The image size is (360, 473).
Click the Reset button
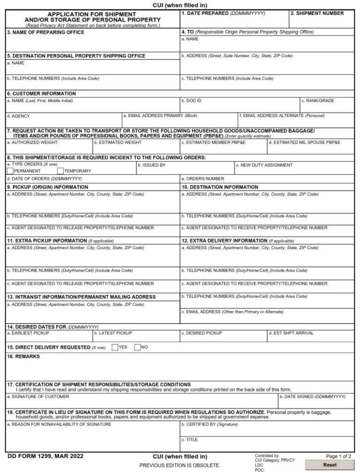click(x=330, y=465)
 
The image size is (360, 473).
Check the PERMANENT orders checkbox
click(x=10, y=171)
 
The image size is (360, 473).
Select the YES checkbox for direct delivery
click(x=114, y=347)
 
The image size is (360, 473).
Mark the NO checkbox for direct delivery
click(x=137, y=347)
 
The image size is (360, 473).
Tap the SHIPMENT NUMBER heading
click(x=317, y=14)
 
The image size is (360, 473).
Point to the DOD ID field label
click(x=192, y=101)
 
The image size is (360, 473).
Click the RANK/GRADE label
click(x=318, y=101)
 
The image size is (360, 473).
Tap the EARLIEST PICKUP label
click(x=28, y=333)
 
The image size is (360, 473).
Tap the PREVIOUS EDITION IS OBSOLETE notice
click(x=180, y=465)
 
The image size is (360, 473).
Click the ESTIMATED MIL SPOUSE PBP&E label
click(x=305, y=142)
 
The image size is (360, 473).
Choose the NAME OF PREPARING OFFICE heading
click(x=45, y=32)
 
